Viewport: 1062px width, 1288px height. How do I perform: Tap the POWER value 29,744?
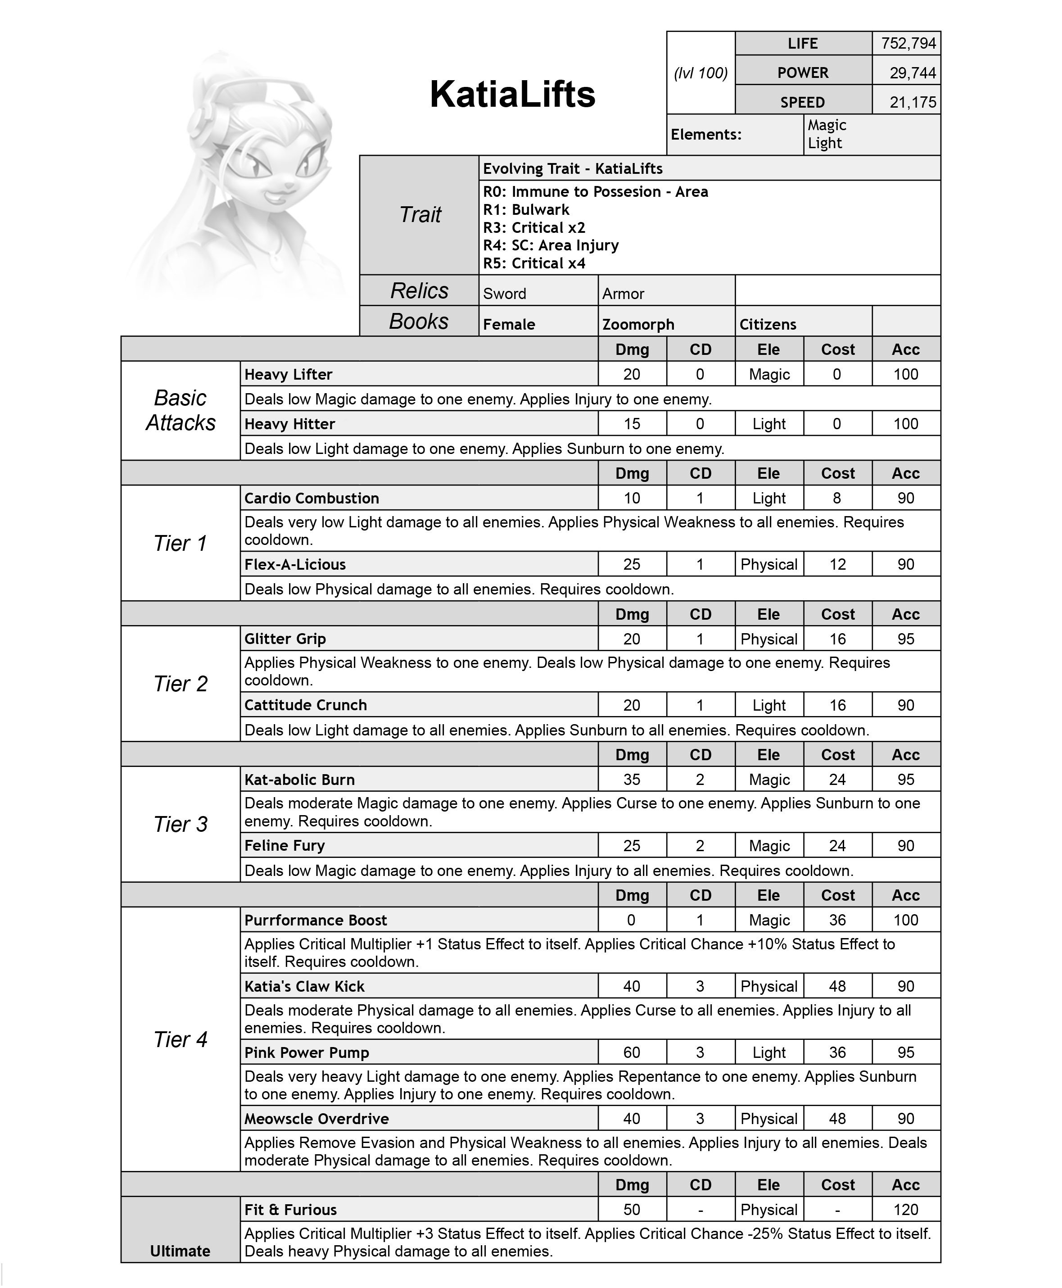(912, 73)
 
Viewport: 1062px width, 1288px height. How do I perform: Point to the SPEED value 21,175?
(912, 102)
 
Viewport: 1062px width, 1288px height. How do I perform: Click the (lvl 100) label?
(700, 73)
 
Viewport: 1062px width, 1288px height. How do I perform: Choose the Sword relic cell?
(505, 294)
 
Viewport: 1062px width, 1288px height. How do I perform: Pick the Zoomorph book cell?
(638, 324)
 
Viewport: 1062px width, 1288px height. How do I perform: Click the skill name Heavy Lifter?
(288, 375)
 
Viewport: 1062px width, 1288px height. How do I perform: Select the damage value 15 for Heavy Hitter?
(632, 424)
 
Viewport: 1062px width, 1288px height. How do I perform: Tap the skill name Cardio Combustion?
(312, 498)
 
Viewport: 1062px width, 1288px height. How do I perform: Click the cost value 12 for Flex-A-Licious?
(837, 564)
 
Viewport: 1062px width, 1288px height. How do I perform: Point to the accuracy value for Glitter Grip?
(905, 639)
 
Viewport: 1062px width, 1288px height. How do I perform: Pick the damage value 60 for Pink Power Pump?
(632, 1052)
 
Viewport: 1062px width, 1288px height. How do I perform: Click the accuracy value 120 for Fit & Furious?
(905, 1210)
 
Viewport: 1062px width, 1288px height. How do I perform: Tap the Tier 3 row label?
(181, 824)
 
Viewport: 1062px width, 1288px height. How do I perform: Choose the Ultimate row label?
(180, 1251)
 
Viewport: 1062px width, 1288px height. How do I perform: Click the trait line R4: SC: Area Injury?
(551, 245)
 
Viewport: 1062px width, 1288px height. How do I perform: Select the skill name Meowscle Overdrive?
(316, 1119)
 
